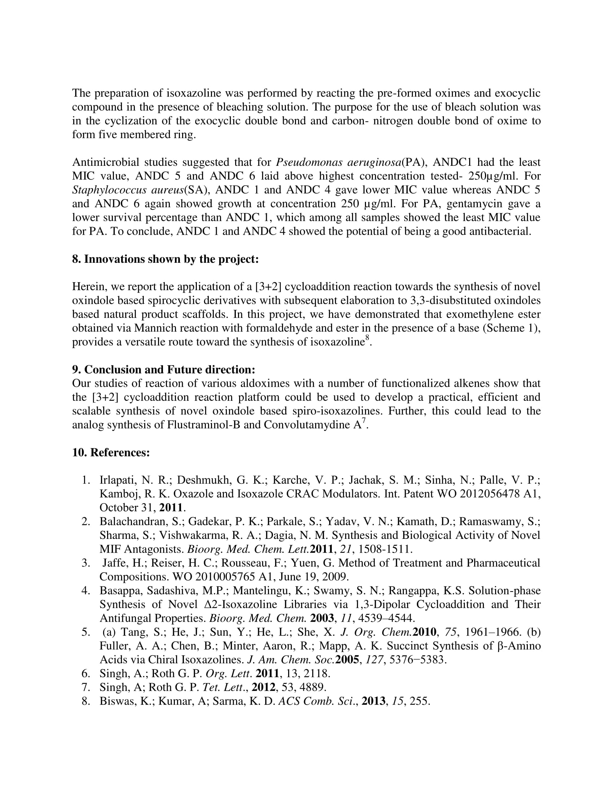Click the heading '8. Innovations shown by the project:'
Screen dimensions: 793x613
(165, 259)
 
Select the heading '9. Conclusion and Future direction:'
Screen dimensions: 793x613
(163, 369)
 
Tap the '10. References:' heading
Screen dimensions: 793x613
(111, 452)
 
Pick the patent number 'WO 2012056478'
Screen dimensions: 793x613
(478, 494)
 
